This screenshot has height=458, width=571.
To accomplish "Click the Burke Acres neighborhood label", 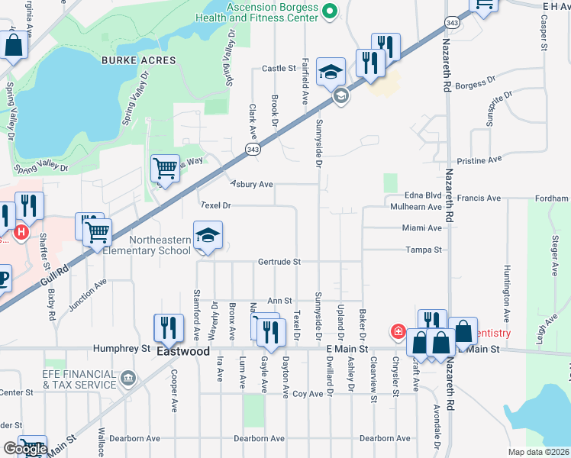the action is tap(137, 60).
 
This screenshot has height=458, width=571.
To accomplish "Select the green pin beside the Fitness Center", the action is tap(330, 11).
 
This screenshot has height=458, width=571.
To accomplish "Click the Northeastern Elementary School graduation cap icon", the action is tap(207, 237).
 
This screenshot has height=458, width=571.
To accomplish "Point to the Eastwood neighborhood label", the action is tap(183, 352).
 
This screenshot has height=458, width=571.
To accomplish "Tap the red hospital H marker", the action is tap(21, 231).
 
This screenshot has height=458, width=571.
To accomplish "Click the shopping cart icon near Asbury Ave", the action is tap(165, 168).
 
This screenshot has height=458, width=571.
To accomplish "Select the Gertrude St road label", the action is tap(279, 261).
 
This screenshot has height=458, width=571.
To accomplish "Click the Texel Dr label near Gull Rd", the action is tap(215, 205).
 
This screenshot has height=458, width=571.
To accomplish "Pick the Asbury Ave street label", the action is tap(252, 184).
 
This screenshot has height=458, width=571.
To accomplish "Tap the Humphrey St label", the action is tap(121, 348).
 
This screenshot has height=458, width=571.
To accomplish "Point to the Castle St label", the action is tap(279, 68).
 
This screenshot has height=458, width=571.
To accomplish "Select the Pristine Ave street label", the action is tap(479, 160).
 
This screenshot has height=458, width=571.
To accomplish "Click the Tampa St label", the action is tap(424, 250).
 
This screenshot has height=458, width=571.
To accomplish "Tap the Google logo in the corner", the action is tap(24, 449).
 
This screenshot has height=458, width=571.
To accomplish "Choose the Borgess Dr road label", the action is tap(475, 81).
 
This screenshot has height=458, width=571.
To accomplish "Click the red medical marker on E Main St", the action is tap(398, 331).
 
